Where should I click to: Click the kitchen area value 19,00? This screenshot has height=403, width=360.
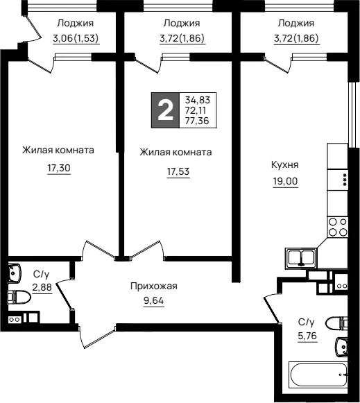tap(285, 181)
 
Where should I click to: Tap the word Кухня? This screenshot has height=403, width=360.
tap(285, 165)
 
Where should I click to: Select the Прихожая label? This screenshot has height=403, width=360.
tap(154, 286)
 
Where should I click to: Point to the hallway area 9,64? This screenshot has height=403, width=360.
tap(154, 300)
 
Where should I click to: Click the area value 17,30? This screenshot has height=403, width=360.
tap(59, 168)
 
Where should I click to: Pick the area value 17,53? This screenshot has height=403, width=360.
tap(178, 171)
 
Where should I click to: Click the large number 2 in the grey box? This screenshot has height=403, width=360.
tap(165, 110)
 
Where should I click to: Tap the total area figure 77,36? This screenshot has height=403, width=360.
tap(197, 121)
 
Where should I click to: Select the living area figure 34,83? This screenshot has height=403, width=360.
tap(198, 100)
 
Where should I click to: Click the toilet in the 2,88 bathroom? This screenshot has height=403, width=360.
tap(19, 297)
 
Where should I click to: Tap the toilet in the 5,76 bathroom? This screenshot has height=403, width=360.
tap(336, 323)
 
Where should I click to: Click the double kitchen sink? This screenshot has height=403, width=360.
tap(300, 258)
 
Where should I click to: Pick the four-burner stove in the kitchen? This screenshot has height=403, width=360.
tap(338, 227)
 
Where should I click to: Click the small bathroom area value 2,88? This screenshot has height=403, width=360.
tap(42, 287)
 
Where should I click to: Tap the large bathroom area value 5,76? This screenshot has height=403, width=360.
tap(307, 336)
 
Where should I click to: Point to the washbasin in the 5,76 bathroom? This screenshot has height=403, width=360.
tap(342, 347)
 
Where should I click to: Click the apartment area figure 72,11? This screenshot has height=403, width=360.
tap(196, 110)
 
